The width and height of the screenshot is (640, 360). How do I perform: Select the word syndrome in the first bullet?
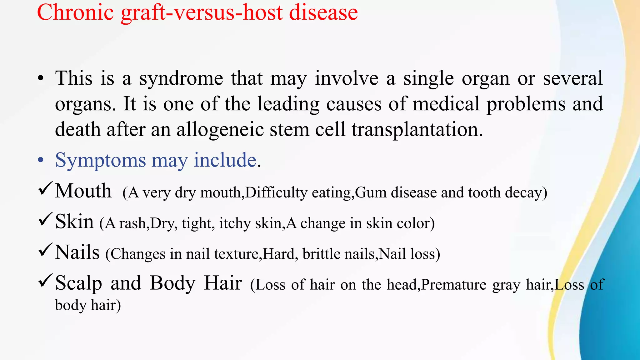181,79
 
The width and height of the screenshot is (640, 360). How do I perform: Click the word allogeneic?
220,129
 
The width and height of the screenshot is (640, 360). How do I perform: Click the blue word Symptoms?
100,161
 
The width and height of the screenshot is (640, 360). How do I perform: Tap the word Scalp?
78,283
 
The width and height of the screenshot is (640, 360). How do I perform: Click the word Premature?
454,285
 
